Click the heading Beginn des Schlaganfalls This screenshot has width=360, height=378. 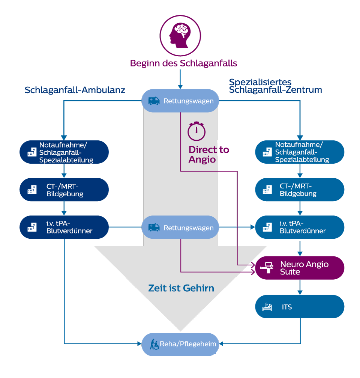[183, 63]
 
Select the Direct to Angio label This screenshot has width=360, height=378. [208, 154]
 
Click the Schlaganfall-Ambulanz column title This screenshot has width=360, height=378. [75, 90]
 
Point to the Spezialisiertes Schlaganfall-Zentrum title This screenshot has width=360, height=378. [275, 86]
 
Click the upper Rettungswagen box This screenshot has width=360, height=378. [180, 101]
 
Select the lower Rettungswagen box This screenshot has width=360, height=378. [180, 227]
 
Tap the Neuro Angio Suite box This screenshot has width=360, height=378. [299, 268]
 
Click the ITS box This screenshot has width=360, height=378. [299, 307]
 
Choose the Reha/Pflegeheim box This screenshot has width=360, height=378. [180, 344]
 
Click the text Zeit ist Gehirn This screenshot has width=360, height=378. [181, 288]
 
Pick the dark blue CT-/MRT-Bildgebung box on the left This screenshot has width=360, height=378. [64, 190]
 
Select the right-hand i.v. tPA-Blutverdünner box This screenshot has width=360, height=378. [299, 227]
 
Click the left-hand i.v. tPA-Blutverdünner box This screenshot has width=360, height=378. [64, 227]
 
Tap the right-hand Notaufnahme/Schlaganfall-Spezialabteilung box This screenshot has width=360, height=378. [299, 152]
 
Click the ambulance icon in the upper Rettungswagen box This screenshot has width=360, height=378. [154, 101]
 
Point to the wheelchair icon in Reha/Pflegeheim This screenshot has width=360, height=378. [154, 344]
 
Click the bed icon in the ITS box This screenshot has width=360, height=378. [267, 307]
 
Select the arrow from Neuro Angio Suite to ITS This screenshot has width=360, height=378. [300, 287]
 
